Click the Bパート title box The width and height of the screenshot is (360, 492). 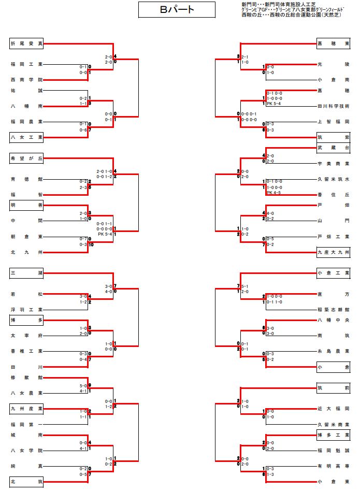pyautogui.click(x=177, y=10)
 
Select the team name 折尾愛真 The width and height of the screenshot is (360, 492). pyautogui.click(x=26, y=44)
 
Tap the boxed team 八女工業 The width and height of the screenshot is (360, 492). pyautogui.click(x=26, y=138)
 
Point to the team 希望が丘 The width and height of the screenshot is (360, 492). pyautogui.click(x=26, y=159)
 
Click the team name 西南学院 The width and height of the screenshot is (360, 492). pyautogui.click(x=26, y=80)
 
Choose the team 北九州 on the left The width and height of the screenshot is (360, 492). pyautogui.click(x=26, y=252)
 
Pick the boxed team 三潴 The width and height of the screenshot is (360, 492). pyautogui.click(x=26, y=272)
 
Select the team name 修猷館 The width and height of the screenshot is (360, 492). pyautogui.click(x=26, y=378)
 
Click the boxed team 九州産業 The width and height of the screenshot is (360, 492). pyautogui.click(x=26, y=409)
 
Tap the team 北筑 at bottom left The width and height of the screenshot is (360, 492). pyautogui.click(x=26, y=482)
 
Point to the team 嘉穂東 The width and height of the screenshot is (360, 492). pyautogui.click(x=333, y=44)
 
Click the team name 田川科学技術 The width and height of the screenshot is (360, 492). pyautogui.click(x=333, y=106)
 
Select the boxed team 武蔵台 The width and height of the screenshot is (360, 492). pyautogui.click(x=333, y=148)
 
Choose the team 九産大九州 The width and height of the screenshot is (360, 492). pyautogui.click(x=333, y=252)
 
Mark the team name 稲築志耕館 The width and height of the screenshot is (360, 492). pyautogui.click(x=333, y=309)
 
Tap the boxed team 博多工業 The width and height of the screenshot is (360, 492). pyautogui.click(x=333, y=435)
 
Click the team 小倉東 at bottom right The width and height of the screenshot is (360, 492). pyautogui.click(x=333, y=482)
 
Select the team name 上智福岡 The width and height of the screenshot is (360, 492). pyautogui.click(x=333, y=122)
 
